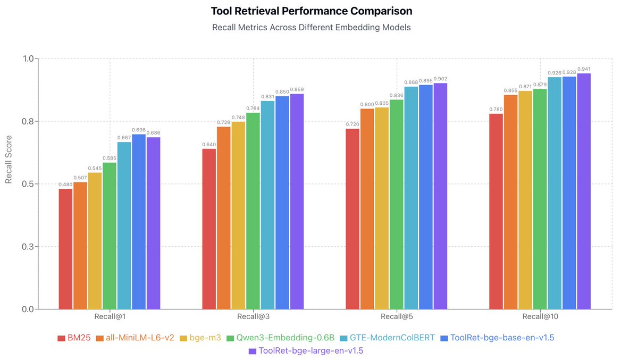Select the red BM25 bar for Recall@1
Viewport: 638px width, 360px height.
click(x=65, y=248)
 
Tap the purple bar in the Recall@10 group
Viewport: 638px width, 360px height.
click(x=584, y=191)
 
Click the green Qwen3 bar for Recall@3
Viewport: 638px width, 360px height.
click(x=253, y=211)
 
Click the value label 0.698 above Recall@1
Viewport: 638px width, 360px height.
click(x=139, y=130)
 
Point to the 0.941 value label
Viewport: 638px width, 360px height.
click(x=584, y=69)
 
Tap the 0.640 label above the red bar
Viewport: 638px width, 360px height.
click(x=209, y=145)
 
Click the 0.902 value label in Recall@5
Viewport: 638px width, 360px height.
click(x=440, y=79)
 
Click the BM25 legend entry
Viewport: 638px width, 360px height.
click(x=75, y=338)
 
